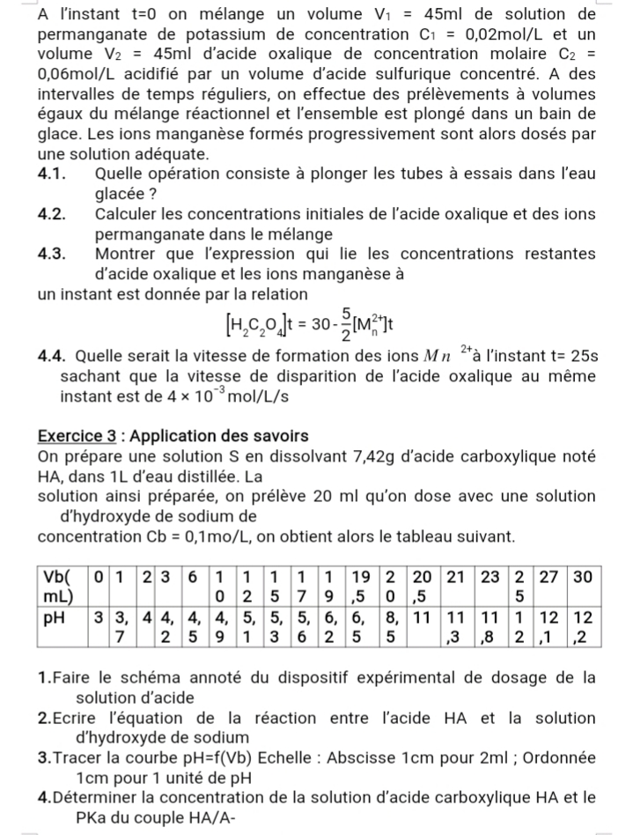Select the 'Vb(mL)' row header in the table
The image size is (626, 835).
coord(62,586)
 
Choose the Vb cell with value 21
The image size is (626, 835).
coord(455,577)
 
